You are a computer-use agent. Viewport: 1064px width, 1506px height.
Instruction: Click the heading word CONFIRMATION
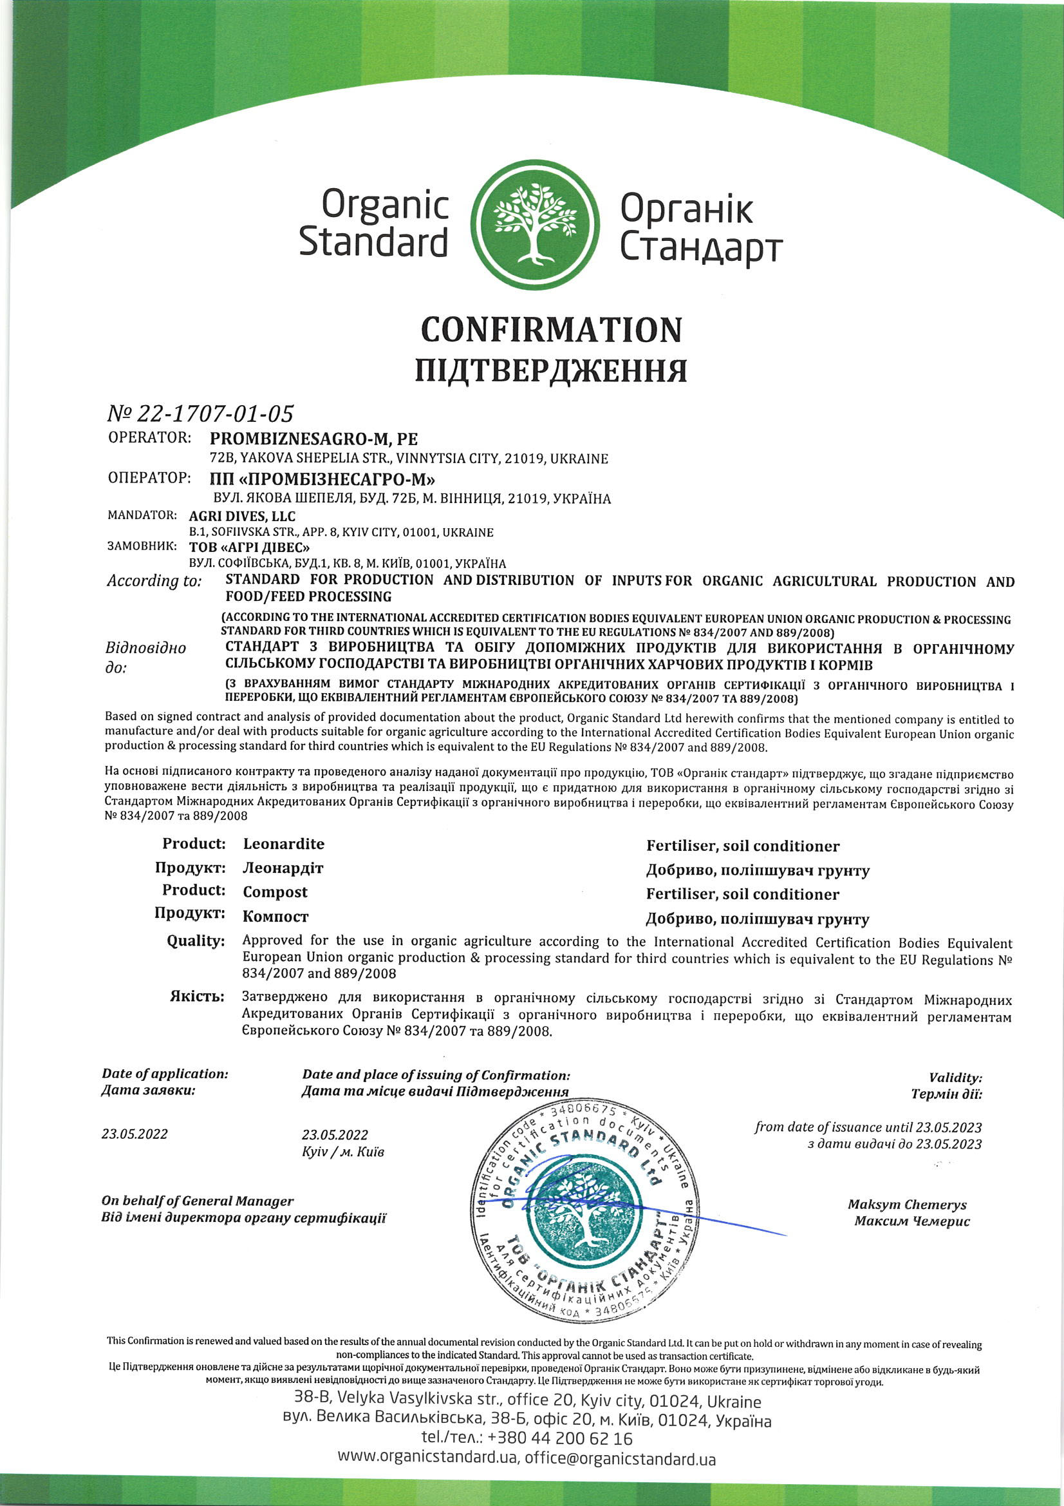tap(551, 329)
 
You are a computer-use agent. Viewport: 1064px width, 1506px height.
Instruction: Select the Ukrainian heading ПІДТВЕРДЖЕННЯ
tap(551, 370)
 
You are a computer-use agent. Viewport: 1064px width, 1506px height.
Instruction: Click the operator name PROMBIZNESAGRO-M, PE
tap(313, 439)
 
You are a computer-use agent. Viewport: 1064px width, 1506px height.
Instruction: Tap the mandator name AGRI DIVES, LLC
tap(242, 516)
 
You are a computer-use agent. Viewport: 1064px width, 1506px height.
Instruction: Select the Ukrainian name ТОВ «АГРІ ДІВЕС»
tap(249, 547)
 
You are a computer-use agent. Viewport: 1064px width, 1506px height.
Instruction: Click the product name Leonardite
tap(283, 844)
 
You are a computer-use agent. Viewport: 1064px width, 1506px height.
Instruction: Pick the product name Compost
tap(275, 892)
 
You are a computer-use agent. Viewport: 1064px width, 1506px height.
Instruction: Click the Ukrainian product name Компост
tap(275, 917)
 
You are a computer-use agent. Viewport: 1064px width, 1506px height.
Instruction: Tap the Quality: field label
tap(196, 940)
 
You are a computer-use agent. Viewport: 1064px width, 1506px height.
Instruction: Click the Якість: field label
tap(197, 997)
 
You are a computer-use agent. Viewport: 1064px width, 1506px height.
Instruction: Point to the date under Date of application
tap(135, 1134)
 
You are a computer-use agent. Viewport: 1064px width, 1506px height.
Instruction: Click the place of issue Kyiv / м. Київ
tap(343, 1152)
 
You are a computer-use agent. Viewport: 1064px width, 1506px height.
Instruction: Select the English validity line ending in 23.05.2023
tap(867, 1127)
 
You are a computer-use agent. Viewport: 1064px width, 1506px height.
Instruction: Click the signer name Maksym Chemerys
tap(907, 1205)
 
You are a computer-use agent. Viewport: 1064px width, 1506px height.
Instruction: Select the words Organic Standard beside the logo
tap(374, 223)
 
